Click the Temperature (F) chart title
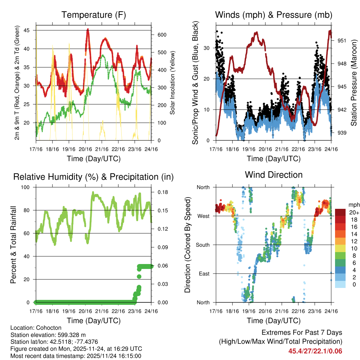tap(94, 15)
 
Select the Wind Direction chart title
tap(274, 174)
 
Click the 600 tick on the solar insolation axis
tap(162, 35)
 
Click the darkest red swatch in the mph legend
tap(340, 212)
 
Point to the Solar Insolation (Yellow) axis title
tap(173, 83)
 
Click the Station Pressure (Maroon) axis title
tap(354, 83)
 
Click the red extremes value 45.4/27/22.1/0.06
tap(315, 351)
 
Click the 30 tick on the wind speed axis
tap(207, 48)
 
